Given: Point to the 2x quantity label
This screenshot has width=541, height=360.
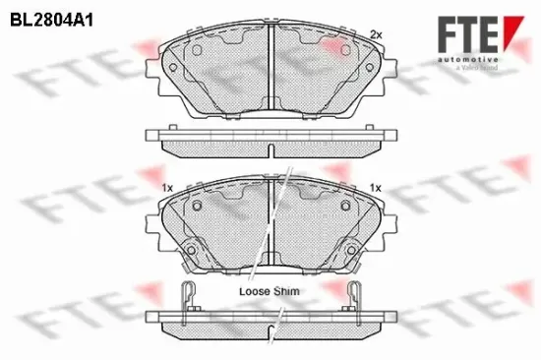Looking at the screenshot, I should tap(375, 34).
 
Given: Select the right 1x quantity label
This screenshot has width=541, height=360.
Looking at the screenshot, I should tap(375, 187).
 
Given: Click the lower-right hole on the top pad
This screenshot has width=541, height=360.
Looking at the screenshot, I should tap(368, 68).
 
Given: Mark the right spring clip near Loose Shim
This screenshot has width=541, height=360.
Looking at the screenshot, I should tap(354, 292).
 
